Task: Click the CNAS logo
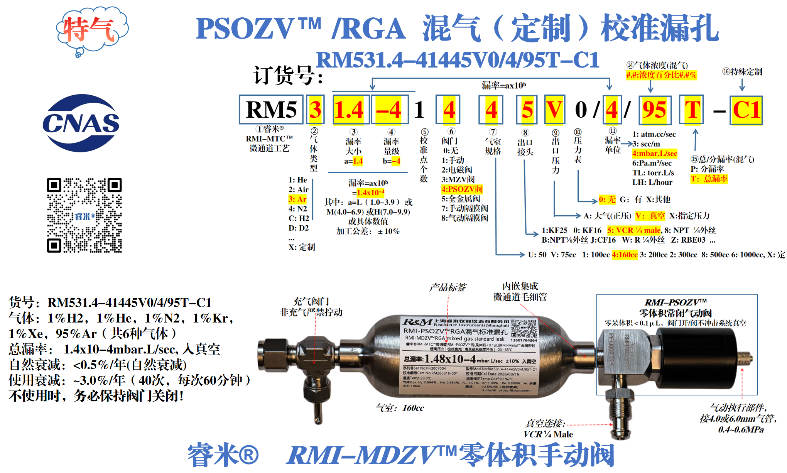[x=81, y=123]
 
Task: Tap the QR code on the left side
[x=84, y=215]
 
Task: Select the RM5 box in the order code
[x=271, y=110]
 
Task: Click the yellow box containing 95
[x=654, y=110]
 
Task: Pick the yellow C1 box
[x=746, y=110]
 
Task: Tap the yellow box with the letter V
[x=554, y=110]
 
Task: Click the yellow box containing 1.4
[x=349, y=110]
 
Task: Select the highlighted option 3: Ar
[x=297, y=199]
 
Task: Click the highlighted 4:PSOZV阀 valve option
[x=462, y=189]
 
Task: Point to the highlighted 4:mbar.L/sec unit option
[x=655, y=154]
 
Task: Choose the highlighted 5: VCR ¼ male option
[x=633, y=230]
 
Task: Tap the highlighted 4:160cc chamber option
[x=625, y=255]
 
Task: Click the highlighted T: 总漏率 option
[x=709, y=179]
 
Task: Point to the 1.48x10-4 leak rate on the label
[x=450, y=359]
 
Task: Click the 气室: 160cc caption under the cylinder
[x=400, y=408]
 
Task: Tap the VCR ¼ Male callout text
[x=548, y=434]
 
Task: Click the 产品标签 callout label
[x=448, y=287]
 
